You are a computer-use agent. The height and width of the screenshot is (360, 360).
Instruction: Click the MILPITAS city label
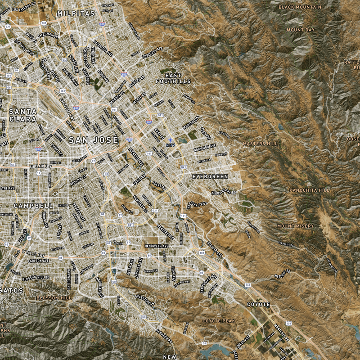[76, 13]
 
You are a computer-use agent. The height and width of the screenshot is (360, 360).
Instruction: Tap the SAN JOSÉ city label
[93, 140]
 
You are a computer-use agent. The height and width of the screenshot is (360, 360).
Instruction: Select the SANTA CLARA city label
[22, 116]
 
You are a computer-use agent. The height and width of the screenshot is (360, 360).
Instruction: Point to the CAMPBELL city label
[33, 206]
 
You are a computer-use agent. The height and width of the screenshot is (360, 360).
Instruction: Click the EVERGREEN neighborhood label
[210, 177]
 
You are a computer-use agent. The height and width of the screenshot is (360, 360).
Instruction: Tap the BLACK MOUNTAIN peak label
[300, 7]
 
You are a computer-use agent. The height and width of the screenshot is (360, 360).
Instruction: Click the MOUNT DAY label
[301, 30]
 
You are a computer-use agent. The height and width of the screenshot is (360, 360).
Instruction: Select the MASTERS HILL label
[260, 144]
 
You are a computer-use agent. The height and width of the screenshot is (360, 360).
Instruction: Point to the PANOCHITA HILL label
[309, 190]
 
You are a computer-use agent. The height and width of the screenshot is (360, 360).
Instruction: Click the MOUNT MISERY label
[296, 226]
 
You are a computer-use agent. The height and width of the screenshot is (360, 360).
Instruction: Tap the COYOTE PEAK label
[219, 321]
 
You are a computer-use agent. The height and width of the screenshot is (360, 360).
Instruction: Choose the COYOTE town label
[258, 305]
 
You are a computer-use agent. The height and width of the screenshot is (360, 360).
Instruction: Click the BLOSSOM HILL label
[54, 298]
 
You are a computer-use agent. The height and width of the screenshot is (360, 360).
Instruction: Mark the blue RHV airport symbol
[170, 141]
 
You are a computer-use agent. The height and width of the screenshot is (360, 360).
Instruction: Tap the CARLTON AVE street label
[38, 261]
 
